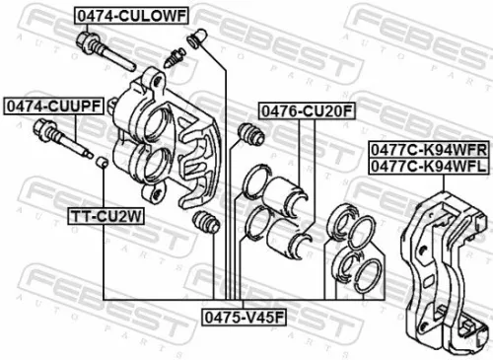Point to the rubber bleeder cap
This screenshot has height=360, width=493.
[200, 39]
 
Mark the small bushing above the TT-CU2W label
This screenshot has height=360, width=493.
[102, 162]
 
